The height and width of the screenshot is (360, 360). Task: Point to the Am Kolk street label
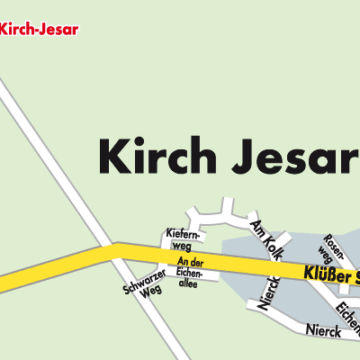[269, 238]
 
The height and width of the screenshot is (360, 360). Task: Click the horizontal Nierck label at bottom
[325, 331]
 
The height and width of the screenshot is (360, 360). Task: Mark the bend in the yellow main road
[113, 249]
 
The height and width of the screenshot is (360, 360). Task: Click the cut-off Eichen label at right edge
[346, 315]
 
